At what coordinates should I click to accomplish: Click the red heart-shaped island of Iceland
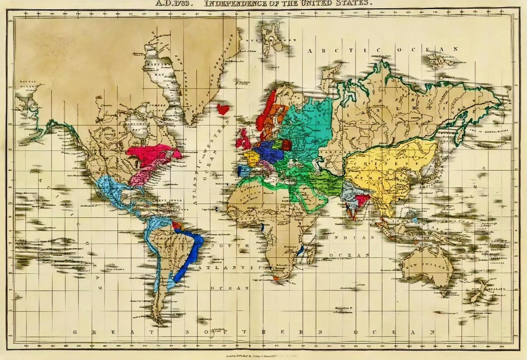223,109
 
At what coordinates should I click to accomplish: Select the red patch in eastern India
362,200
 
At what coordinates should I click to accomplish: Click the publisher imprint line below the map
263,355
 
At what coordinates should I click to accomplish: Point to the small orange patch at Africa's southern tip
276,278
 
